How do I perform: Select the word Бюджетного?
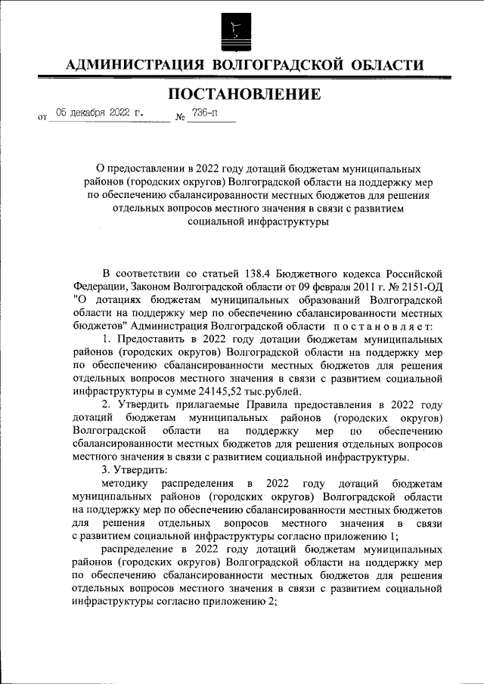tap(327, 274)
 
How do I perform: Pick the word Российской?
tap(411, 274)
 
